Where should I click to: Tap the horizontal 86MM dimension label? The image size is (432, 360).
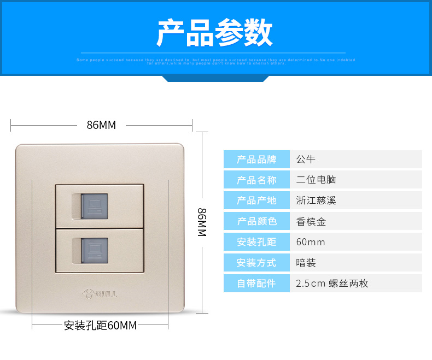[101, 125]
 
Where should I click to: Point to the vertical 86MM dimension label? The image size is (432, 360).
[201, 221]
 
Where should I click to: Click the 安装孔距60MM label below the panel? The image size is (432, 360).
[100, 326]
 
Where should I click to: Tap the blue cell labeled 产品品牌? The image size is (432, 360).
[256, 160]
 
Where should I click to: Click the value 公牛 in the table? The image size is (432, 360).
[306, 160]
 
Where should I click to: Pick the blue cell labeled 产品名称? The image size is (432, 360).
[256, 180]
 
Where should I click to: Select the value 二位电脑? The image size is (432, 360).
[316, 180]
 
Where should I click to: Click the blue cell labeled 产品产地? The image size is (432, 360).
[256, 200]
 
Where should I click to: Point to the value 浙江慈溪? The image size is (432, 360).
[316, 200]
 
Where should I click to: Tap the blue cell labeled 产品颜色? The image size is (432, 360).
[256, 221]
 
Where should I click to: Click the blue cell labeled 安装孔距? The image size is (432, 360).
[256, 242]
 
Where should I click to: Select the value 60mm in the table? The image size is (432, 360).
[310, 242]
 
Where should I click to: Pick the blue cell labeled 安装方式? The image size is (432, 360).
[256, 263]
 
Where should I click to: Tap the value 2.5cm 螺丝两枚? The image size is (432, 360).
[332, 284]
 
